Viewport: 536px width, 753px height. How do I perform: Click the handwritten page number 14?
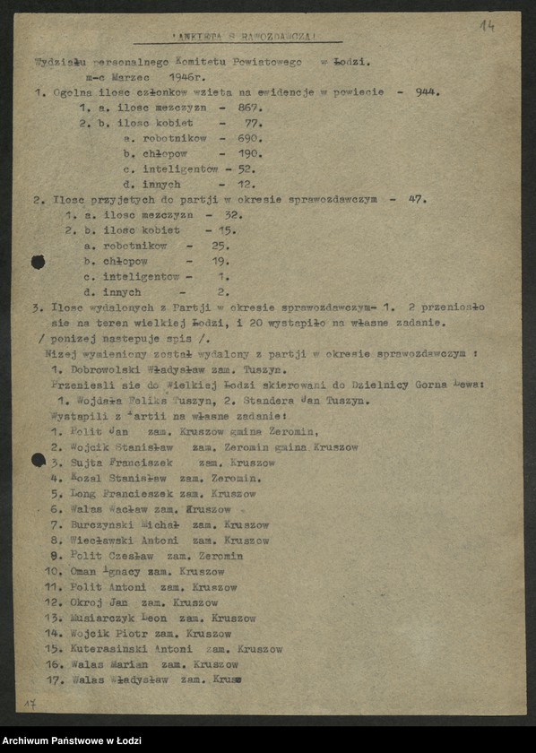[487, 25]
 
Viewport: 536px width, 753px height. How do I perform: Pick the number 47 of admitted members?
[417, 199]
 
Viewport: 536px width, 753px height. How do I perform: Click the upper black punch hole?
[39, 262]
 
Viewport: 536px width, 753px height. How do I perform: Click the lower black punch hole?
[39, 461]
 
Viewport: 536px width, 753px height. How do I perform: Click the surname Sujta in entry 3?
[88, 463]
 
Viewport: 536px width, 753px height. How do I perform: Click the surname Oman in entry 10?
[86, 571]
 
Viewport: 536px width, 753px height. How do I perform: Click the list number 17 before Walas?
[54, 679]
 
